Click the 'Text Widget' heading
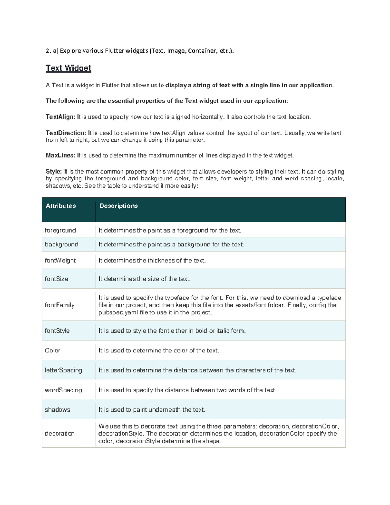(68, 68)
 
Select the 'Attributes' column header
(61, 206)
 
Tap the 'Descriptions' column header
(119, 206)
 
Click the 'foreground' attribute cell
(60, 230)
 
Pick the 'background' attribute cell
(61, 245)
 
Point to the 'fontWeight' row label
(60, 260)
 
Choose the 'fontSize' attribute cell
(57, 279)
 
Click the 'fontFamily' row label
(60, 305)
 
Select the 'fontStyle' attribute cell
(57, 331)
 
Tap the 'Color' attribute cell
(53, 351)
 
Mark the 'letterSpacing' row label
(63, 370)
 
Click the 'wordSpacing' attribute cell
(63, 390)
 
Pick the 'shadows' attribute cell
(58, 410)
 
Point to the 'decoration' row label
(60, 433)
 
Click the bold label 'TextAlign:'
(60, 117)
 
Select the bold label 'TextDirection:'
(66, 133)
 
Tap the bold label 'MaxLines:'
(60, 155)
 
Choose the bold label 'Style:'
(54, 171)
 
